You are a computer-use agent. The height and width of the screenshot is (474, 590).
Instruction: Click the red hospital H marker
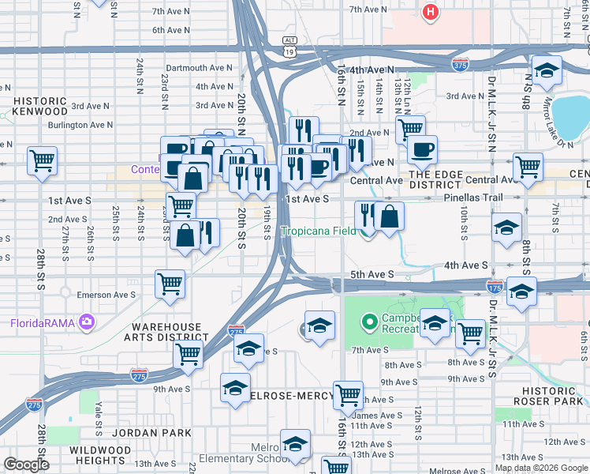coord(430,13)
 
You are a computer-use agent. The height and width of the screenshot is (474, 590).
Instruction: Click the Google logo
coord(26,465)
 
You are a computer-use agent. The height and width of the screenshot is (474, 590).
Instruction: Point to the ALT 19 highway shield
coord(289,46)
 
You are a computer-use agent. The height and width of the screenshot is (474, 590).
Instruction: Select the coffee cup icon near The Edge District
coord(422,149)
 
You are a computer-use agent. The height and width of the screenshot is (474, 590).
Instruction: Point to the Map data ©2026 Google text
coord(541,468)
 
